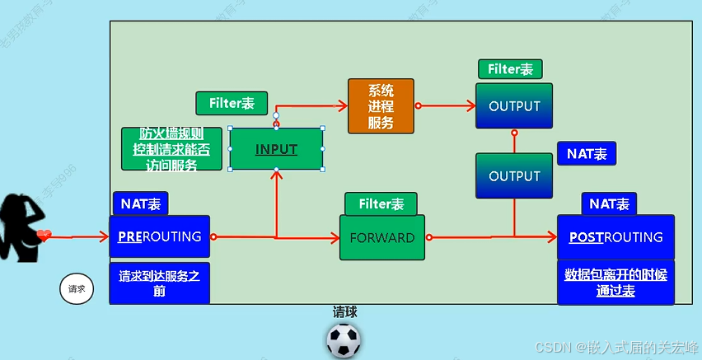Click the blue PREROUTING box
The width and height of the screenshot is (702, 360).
click(160, 236)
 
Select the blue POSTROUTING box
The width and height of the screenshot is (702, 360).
click(615, 237)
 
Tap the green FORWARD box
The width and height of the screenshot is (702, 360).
click(382, 238)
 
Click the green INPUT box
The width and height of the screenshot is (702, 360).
click(276, 149)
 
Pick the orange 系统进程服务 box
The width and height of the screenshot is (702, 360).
click(381, 106)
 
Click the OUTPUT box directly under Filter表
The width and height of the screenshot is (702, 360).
click(514, 105)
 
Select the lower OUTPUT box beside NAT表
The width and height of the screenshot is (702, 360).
click(514, 176)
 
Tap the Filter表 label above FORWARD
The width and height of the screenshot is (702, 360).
click(381, 204)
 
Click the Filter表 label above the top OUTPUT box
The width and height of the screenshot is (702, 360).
click(510, 69)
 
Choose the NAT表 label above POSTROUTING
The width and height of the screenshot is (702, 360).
click(610, 204)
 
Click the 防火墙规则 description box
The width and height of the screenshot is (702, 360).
click(171, 149)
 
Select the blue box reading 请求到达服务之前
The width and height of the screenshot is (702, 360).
click(160, 283)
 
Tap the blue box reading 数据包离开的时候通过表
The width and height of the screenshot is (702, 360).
click(615, 282)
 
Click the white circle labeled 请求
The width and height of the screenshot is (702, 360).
click(77, 289)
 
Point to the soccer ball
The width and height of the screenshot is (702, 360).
click(344, 340)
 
